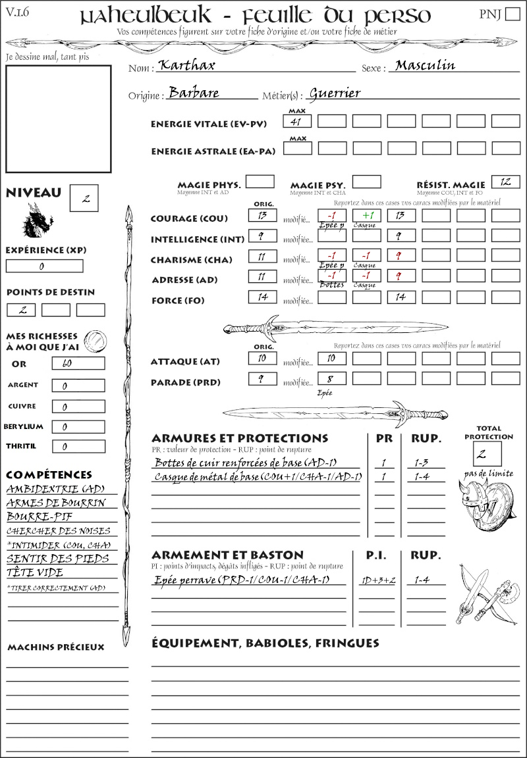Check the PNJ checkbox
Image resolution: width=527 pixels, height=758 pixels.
511,14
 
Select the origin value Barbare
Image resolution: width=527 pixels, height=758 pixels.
194,93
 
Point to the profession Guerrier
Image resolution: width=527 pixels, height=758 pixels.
335,93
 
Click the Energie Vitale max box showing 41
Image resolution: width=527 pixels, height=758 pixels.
297,121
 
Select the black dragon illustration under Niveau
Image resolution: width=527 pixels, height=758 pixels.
38,221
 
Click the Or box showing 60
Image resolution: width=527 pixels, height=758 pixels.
78,363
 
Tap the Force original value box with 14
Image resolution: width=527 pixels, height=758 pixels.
262,297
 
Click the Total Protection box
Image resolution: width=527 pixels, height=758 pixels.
487,453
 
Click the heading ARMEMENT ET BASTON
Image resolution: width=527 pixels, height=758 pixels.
227,555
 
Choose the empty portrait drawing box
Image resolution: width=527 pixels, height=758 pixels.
58,118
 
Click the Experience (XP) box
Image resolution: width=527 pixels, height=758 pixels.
44,266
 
